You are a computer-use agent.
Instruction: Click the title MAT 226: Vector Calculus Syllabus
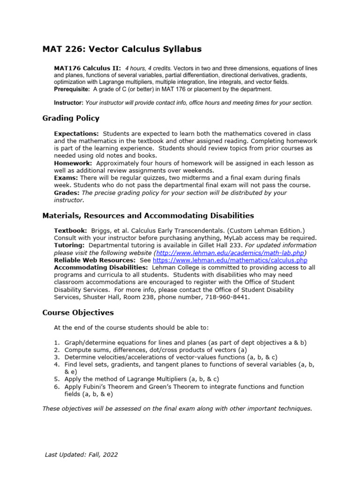122,49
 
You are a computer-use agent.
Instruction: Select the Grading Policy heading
71,118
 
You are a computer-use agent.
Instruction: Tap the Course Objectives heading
78,312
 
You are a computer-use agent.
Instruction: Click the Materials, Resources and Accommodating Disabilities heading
148,216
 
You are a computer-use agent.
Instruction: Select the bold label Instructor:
69,103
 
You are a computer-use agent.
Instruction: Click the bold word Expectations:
76,134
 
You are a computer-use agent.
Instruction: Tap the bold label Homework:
73,163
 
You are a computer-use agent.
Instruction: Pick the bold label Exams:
66,178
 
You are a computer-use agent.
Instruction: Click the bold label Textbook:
71,231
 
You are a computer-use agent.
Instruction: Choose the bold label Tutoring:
70,245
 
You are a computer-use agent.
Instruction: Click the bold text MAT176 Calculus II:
88,68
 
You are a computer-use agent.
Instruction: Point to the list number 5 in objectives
56,379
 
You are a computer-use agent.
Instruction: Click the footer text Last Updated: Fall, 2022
81,454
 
